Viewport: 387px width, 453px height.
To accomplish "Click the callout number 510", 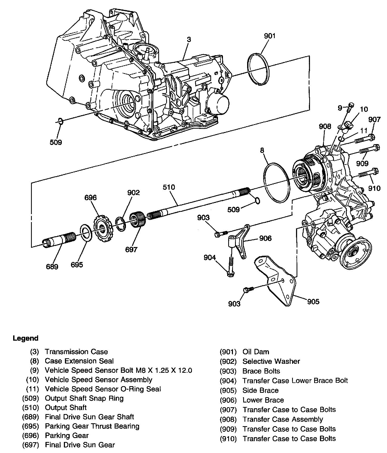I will pos(169,187).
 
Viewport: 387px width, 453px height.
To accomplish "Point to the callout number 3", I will pos(189,39).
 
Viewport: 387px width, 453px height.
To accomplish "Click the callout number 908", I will pos(325,127).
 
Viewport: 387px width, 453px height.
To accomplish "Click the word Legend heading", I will pos(26,338).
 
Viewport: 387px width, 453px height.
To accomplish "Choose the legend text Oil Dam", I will pos(256,352).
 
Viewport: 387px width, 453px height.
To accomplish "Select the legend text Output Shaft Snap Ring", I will pos(84,398).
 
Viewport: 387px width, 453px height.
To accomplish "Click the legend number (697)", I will pos(30,445).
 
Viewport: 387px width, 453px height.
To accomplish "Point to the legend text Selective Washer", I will pos(271,361).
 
